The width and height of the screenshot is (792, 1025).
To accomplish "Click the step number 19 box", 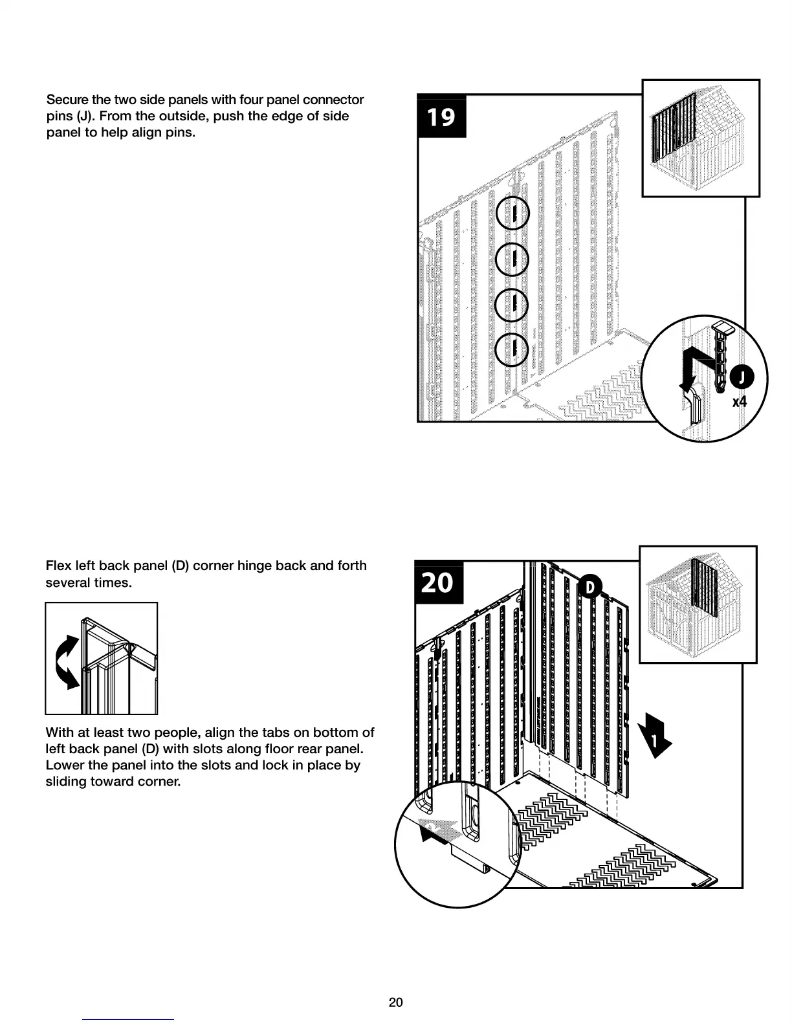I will click(x=441, y=116).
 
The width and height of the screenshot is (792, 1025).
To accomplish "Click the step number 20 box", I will click(x=438, y=582).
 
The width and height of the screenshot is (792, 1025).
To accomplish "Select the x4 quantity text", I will click(x=739, y=402).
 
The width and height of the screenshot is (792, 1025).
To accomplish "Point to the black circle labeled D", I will click(x=589, y=587).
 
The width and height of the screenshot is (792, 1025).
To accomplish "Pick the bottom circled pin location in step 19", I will click(x=512, y=350).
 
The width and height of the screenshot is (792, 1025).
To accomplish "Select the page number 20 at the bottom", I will click(x=395, y=1002).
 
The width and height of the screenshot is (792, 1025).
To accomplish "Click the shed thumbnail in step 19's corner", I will click(x=700, y=138).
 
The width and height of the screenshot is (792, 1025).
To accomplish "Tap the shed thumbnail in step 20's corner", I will click(x=698, y=604).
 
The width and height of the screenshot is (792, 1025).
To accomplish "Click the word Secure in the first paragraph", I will click(x=67, y=100).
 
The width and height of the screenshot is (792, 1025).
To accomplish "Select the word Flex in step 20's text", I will click(x=58, y=566).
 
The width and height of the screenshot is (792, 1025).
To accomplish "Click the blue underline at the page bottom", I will click(x=128, y=1019).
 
